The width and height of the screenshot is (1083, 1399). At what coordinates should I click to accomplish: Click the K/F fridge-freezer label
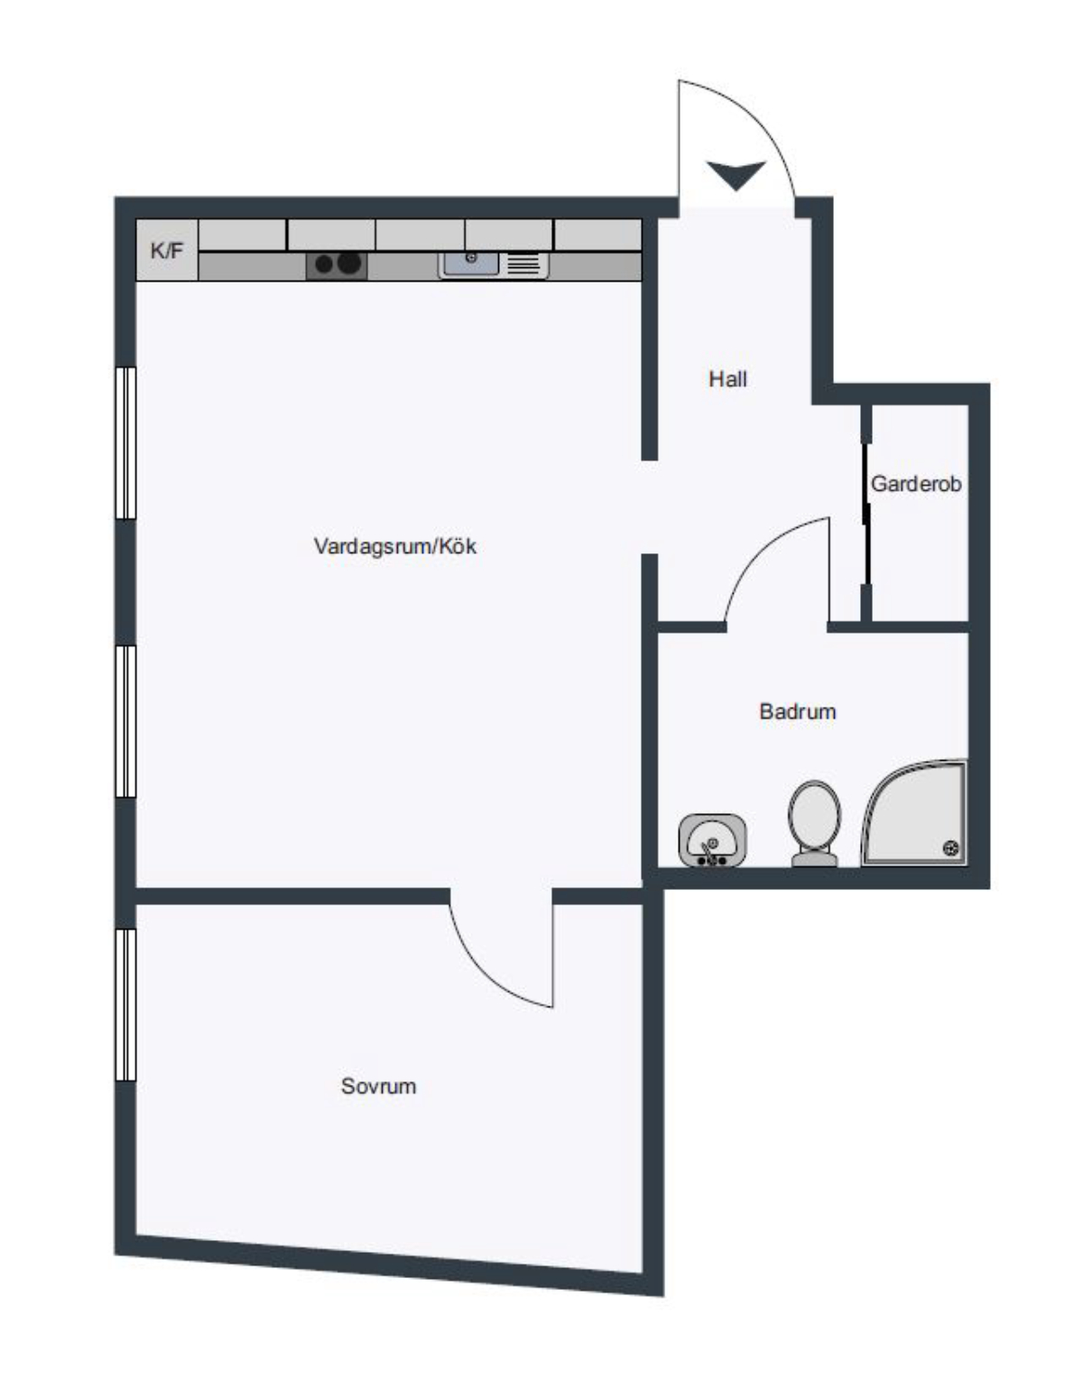point(166,250)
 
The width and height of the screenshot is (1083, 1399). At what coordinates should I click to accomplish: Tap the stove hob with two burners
point(337,264)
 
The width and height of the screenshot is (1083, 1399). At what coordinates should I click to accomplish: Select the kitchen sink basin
point(470,264)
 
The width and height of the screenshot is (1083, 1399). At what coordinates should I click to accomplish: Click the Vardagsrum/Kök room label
point(394,546)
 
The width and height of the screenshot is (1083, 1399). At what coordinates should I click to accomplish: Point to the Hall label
point(727,378)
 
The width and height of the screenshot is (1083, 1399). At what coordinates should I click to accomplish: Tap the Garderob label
point(916,484)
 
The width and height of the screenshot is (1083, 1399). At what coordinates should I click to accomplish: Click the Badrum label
point(797,711)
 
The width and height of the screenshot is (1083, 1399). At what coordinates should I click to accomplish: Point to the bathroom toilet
point(815,823)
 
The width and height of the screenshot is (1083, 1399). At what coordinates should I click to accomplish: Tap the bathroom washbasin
point(712,840)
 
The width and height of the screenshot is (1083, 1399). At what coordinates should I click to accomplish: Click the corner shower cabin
point(914,813)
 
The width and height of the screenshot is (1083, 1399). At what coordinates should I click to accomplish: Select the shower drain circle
point(950,848)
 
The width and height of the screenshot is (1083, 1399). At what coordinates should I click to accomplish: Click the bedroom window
point(126,1005)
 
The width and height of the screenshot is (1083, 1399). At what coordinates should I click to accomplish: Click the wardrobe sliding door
point(866,513)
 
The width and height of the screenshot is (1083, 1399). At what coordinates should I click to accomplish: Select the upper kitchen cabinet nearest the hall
point(597,235)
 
